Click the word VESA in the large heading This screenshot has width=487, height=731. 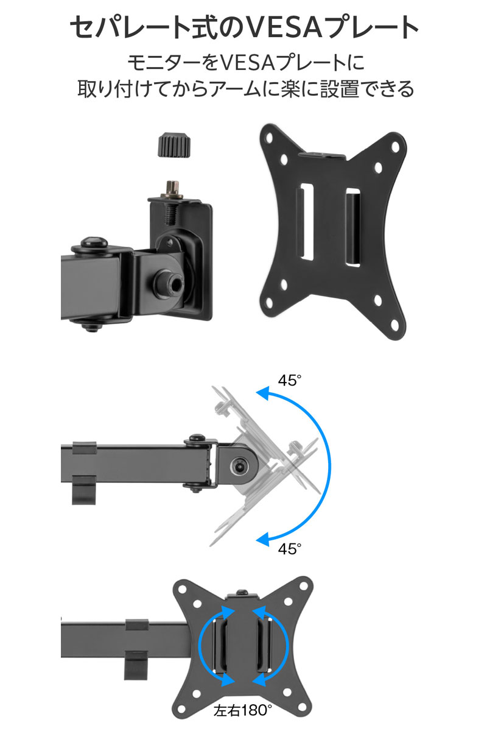284,27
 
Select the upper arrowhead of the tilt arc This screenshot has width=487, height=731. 263,394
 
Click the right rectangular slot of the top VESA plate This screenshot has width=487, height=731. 353,227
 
